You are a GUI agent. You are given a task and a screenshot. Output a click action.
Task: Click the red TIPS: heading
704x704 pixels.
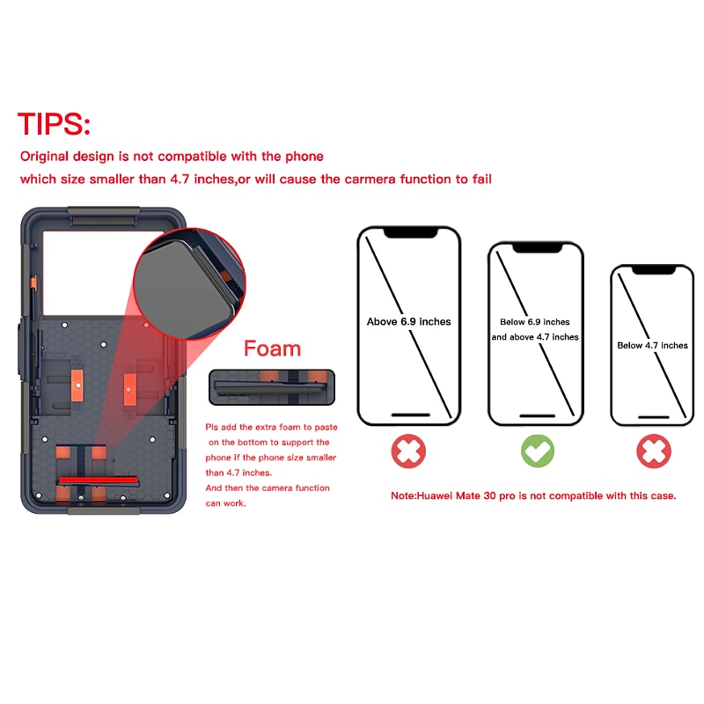54,124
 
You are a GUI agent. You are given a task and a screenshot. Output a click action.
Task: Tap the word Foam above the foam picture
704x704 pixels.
272,348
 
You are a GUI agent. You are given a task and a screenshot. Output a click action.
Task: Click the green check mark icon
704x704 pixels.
538,451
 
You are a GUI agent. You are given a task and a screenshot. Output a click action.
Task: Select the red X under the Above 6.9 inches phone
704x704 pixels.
408,451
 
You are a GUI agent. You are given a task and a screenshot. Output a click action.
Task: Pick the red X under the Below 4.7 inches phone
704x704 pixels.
654,451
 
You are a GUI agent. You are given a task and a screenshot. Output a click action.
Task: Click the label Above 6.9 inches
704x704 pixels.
408,321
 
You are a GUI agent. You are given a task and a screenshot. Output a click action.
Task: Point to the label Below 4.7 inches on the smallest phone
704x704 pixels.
652,345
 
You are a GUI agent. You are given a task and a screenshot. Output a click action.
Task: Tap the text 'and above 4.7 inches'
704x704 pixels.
535,337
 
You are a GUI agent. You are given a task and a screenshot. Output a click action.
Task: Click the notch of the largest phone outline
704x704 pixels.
410,232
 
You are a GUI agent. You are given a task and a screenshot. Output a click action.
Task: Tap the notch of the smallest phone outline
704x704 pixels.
654,270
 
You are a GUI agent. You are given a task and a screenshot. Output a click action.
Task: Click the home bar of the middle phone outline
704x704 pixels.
538,416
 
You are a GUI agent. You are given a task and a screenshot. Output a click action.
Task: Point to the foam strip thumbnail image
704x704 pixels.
272,387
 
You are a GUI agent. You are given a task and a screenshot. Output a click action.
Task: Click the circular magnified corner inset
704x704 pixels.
189,283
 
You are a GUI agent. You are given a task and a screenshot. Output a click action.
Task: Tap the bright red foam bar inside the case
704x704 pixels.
99,480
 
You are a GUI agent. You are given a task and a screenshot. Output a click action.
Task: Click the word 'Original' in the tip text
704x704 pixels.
45,157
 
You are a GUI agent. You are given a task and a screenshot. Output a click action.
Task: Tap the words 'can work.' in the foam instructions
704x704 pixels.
226,503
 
